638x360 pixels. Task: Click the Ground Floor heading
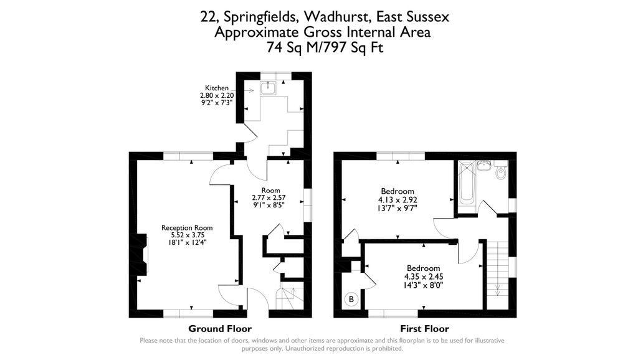point(220,329)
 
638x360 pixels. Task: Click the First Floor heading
point(424,329)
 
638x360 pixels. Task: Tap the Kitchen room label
point(216,88)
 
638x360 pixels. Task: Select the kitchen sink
point(268,88)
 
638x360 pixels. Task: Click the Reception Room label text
point(187,228)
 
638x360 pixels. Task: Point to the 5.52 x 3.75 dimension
point(187,235)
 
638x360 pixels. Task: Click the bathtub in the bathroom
point(466,182)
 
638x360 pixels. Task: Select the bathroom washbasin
point(483,166)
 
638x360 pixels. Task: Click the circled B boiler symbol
point(351,300)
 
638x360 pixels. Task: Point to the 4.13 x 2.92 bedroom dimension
point(398,200)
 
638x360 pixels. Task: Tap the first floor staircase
point(497,269)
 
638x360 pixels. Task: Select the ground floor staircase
point(290,298)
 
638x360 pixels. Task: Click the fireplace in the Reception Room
point(143,254)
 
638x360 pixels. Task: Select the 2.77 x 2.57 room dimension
point(269,198)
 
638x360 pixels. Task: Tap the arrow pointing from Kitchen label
point(248,90)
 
